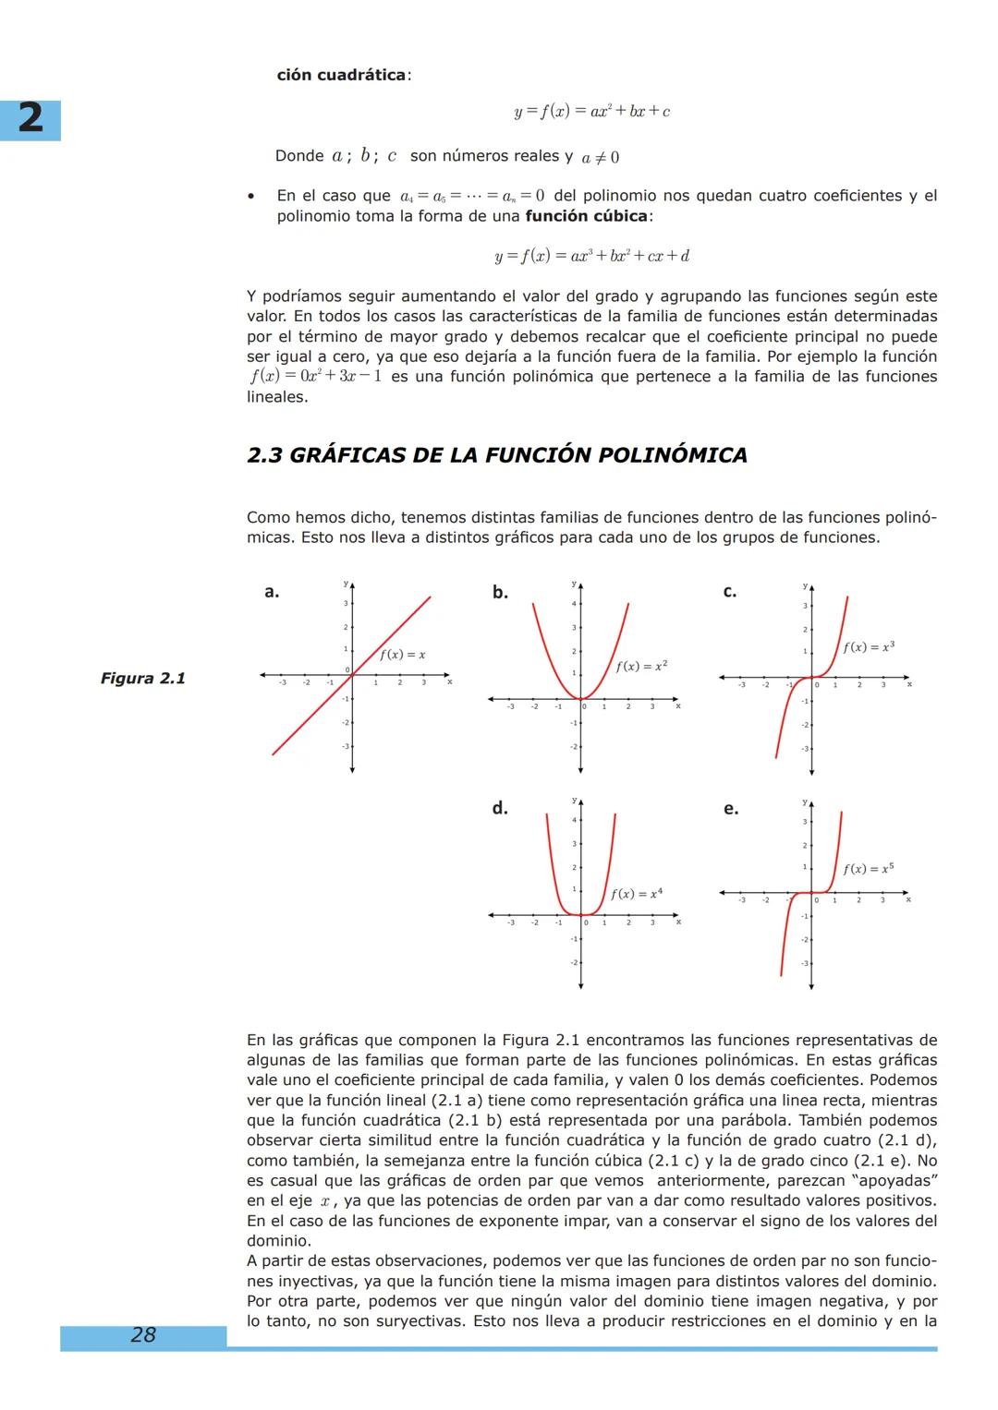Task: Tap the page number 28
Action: [x=143, y=1334]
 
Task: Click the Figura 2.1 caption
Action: [x=143, y=679]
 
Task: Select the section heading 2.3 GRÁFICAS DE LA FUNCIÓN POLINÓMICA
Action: [x=497, y=455]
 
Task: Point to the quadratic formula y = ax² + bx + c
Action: [x=591, y=112]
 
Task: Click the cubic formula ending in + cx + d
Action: [x=591, y=256]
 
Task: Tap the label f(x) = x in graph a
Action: [x=402, y=655]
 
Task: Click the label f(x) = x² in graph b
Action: [x=641, y=666]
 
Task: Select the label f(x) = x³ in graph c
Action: [x=869, y=647]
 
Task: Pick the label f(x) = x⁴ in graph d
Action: [x=636, y=894]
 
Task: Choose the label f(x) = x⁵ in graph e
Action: [x=868, y=869]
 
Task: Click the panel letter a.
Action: [x=271, y=592]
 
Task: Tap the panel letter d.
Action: [x=500, y=809]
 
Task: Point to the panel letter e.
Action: [x=730, y=809]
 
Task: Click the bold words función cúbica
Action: [x=587, y=216]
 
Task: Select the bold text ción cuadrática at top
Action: [x=341, y=75]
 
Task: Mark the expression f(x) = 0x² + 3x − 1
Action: [x=315, y=377]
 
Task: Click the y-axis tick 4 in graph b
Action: [x=573, y=604]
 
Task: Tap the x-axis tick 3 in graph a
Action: [x=423, y=683]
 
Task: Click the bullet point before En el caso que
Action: [x=250, y=197]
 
